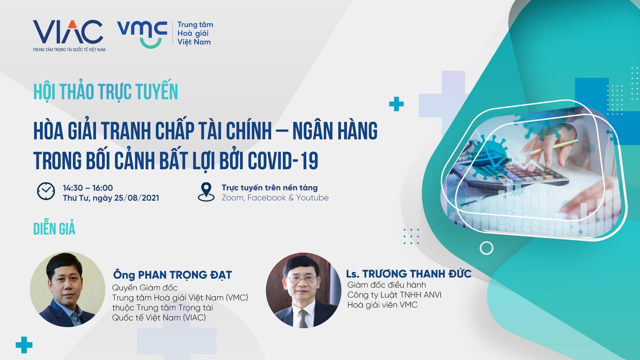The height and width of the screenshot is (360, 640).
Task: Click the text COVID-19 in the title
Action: (x=283, y=161)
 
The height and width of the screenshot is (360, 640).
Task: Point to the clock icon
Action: (x=46, y=191)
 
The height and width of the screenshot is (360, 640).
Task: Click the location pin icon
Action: (x=206, y=192)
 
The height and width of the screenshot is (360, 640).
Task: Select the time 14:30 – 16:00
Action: (x=88, y=188)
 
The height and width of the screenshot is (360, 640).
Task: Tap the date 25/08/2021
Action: (x=136, y=198)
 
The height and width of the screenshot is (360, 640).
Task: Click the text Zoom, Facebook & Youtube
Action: (x=275, y=198)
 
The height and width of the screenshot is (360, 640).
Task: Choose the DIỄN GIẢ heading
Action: (x=54, y=228)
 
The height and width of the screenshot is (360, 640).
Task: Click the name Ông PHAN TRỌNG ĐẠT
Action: (x=172, y=275)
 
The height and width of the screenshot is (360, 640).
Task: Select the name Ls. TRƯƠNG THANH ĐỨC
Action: (x=408, y=273)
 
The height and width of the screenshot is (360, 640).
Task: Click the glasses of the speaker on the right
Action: (x=302, y=279)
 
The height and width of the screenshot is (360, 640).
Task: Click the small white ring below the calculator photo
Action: (x=486, y=248)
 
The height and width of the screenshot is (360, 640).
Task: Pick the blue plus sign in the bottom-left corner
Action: (x=24, y=345)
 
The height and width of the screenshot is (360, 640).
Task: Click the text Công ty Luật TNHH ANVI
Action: (x=394, y=295)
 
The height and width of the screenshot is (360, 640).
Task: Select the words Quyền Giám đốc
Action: (x=145, y=288)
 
